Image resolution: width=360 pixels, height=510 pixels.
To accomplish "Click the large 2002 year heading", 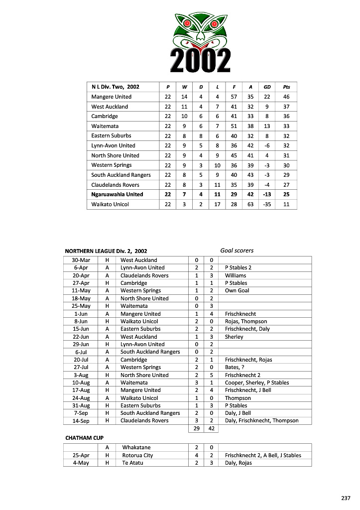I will click(201, 61).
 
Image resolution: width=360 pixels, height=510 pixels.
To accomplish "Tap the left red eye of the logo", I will click(187, 23).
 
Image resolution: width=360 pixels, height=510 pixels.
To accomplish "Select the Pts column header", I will click(286, 87).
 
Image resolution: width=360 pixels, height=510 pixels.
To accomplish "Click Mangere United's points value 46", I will click(286, 97).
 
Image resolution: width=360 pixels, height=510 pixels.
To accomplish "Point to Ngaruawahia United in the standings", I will click(117, 195).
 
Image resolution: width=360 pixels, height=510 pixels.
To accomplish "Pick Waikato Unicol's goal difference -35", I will click(267, 204).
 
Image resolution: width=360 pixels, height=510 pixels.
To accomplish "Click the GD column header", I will click(267, 87).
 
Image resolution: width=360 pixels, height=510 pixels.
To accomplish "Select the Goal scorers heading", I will click(237, 251).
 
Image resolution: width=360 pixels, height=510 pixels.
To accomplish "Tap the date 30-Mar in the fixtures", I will click(81, 260).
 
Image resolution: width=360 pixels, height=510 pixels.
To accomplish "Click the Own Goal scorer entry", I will click(237, 290).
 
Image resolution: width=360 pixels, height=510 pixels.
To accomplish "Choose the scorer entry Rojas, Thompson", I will click(246, 321).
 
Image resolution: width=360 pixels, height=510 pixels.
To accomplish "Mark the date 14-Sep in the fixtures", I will click(81, 420).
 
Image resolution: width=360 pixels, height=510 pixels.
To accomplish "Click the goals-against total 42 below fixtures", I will click(211, 428).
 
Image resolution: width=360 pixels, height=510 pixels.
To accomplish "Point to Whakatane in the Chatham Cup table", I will click(136, 447).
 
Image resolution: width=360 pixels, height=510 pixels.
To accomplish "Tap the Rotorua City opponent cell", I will click(137, 455).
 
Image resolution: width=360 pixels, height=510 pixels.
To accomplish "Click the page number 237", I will click(346, 498).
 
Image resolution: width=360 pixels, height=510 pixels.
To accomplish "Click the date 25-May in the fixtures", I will click(81, 306).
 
